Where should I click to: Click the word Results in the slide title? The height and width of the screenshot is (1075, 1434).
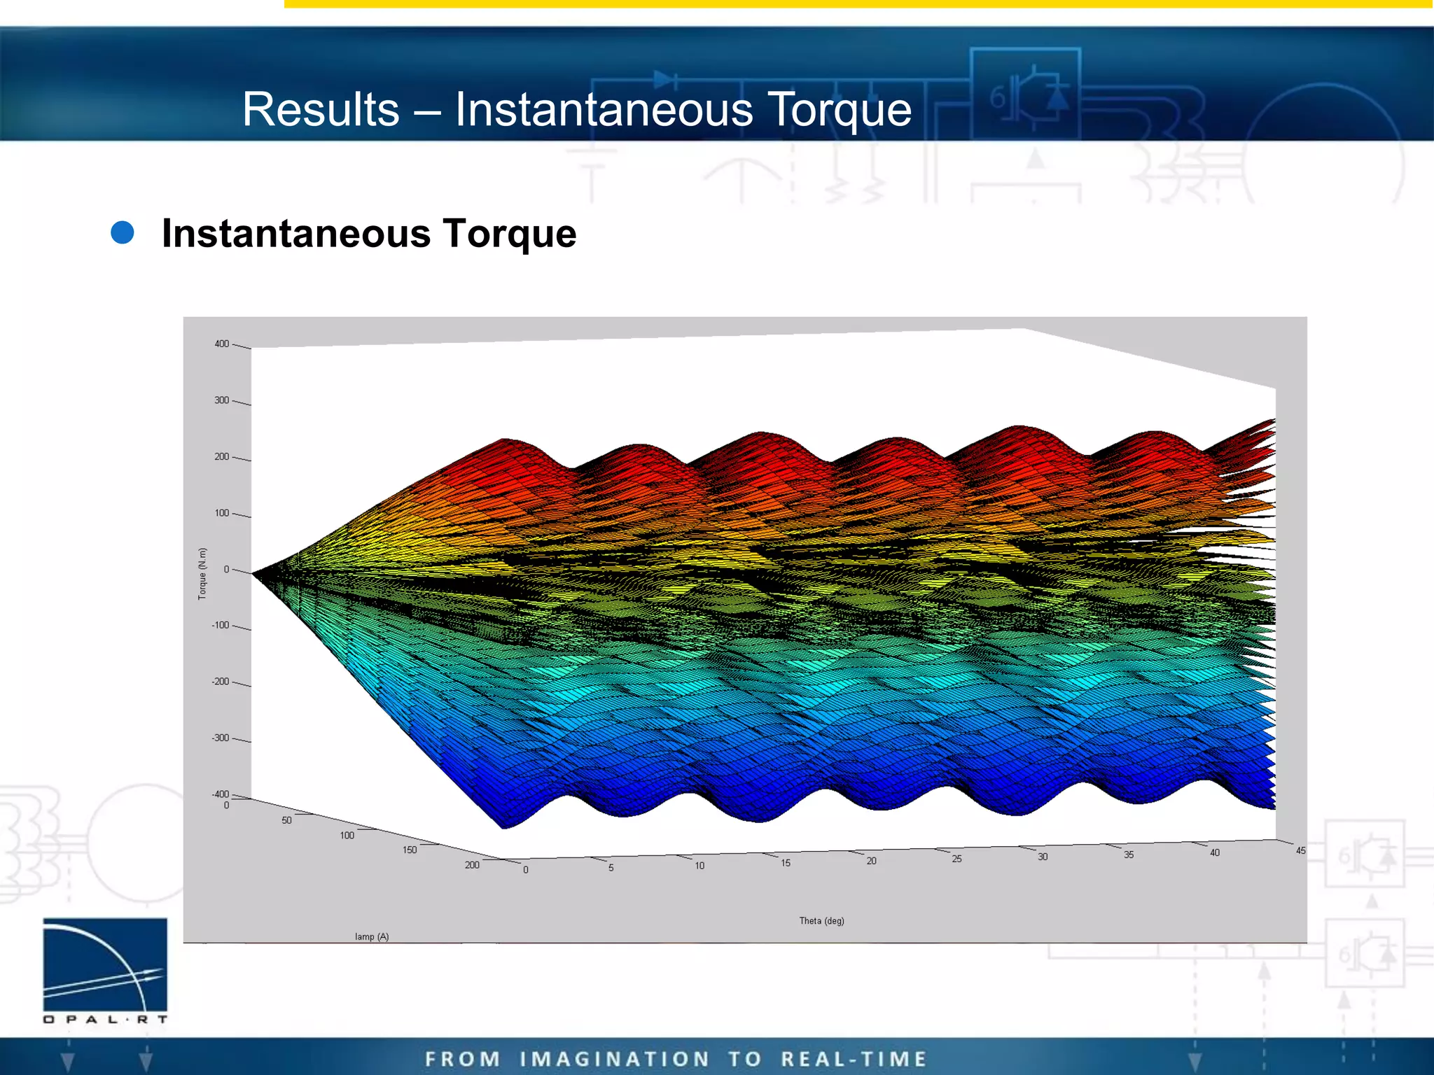[321, 110]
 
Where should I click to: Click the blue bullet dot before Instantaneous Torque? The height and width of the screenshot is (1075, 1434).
[123, 233]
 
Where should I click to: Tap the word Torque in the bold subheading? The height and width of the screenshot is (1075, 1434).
[509, 233]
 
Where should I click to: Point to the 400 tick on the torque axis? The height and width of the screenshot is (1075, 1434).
[222, 344]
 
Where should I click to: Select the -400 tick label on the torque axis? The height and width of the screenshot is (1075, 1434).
[221, 794]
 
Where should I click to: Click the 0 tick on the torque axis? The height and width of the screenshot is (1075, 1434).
[226, 570]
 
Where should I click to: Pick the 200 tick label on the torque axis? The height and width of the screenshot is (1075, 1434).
[222, 456]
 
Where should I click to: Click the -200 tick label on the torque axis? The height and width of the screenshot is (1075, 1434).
[221, 682]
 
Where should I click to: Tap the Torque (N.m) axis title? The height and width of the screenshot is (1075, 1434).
[202, 573]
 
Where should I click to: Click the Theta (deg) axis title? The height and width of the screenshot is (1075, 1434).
[821, 921]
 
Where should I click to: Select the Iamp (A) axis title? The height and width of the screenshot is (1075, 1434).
[372, 936]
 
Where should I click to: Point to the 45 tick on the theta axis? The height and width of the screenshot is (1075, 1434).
[1300, 851]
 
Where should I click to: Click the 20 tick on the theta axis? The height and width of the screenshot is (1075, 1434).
[871, 861]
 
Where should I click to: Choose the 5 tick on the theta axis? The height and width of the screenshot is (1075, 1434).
[611, 868]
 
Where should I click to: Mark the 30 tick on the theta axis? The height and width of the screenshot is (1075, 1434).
[1043, 857]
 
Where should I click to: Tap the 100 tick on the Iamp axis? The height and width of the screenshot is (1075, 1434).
[347, 836]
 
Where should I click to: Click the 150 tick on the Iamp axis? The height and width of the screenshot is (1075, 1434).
[410, 850]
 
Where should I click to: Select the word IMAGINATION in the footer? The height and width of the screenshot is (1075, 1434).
[615, 1059]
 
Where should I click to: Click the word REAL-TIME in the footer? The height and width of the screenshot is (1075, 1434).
[854, 1059]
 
